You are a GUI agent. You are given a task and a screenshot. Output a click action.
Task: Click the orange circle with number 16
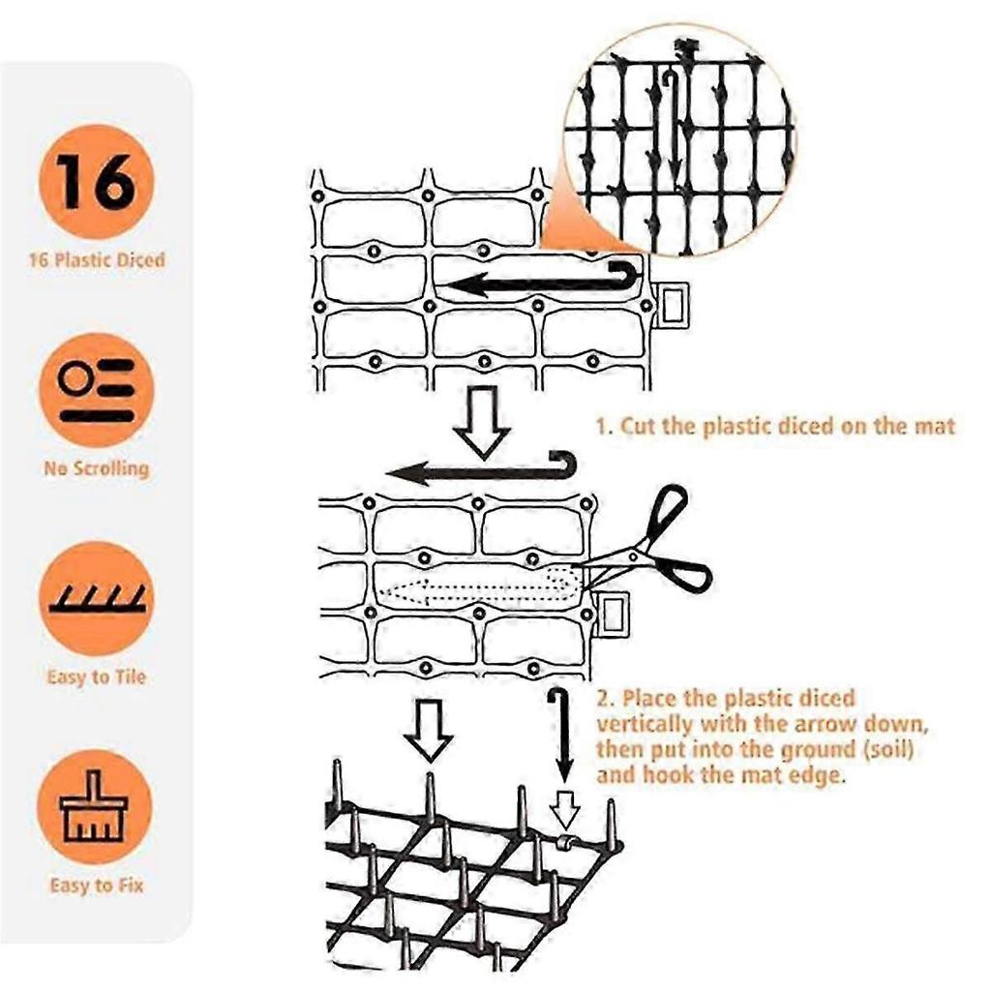[96, 181]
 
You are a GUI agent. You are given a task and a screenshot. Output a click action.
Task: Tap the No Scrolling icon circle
[96, 390]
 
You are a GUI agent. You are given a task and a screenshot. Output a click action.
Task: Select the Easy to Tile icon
[96, 598]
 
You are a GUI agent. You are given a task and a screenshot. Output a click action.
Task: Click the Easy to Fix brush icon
[96, 807]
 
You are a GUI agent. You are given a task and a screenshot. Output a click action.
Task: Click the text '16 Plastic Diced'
[96, 259]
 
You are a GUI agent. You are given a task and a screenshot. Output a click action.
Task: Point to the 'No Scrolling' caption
[96, 468]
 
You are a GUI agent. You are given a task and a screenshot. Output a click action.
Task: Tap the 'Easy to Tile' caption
[96, 676]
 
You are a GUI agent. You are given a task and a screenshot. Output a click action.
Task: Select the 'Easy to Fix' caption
[96, 885]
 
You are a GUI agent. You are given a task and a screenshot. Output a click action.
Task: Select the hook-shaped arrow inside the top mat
[537, 281]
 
